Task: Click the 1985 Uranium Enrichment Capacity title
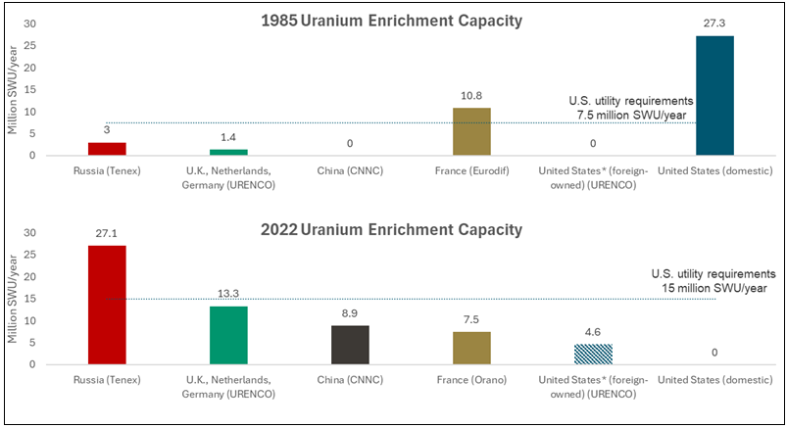pyautogui.click(x=392, y=20)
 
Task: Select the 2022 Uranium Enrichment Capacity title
pyautogui.click(x=392, y=229)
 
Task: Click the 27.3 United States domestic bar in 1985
pyautogui.click(x=714, y=95)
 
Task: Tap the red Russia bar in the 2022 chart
pyautogui.click(x=107, y=305)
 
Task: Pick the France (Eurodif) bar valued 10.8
pyautogui.click(x=471, y=131)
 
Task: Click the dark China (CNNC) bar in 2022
pyautogui.click(x=350, y=345)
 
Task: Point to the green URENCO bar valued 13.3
pyautogui.click(x=228, y=335)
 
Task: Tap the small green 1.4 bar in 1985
pyautogui.click(x=228, y=152)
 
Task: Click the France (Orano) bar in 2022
pyautogui.click(x=471, y=348)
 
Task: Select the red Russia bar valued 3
pyautogui.click(x=107, y=149)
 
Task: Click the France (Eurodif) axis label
pyautogui.click(x=471, y=168)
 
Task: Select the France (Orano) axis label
pyautogui.click(x=471, y=378)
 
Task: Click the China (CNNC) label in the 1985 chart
pyautogui.click(x=350, y=168)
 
